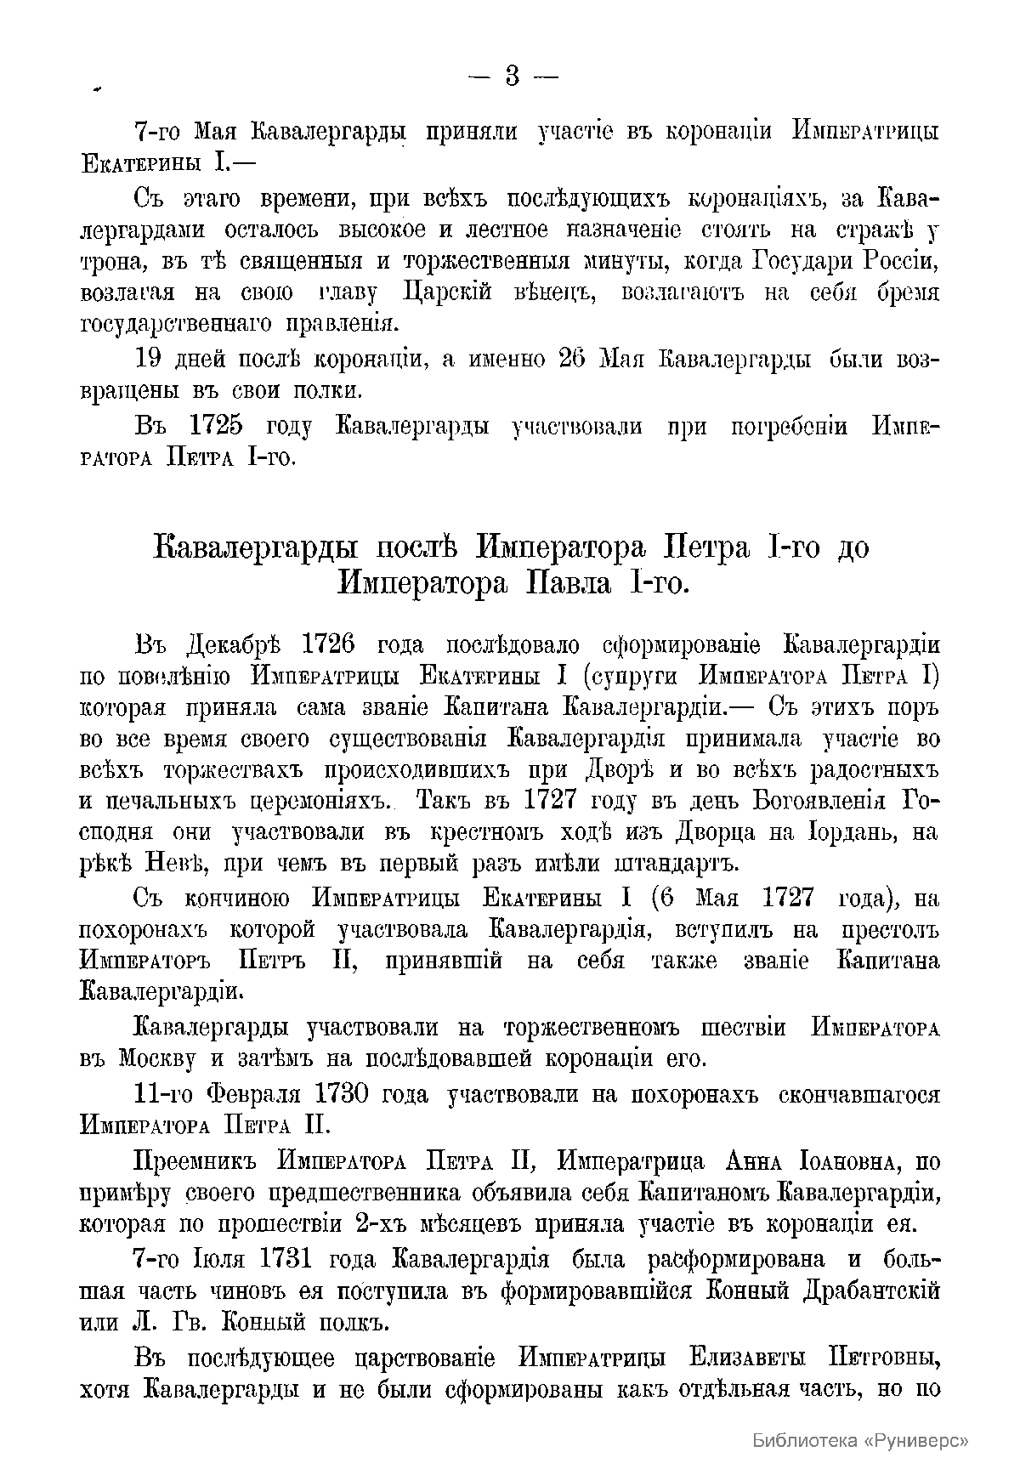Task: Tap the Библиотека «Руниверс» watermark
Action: coord(861,1440)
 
